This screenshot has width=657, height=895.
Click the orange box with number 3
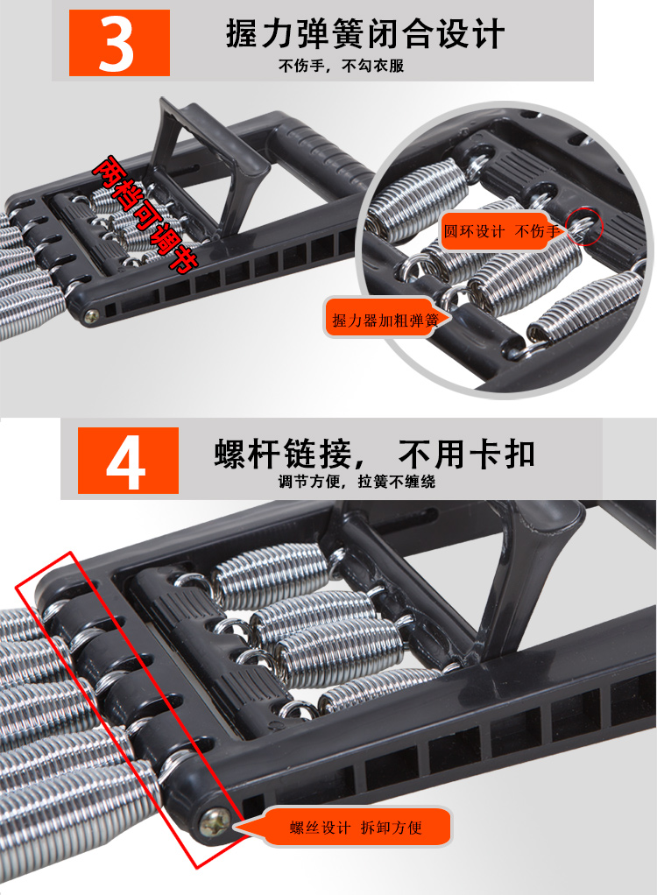[x=119, y=43]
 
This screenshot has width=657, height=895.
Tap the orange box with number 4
[x=128, y=460]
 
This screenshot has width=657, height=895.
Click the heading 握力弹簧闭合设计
[x=364, y=33]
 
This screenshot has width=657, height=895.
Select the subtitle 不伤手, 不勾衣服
[x=341, y=67]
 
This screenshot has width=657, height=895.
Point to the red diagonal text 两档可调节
[x=145, y=214]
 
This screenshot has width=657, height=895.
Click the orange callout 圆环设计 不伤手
[x=497, y=231]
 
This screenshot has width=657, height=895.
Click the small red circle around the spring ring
[x=584, y=227]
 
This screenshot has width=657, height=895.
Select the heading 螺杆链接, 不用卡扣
[x=374, y=455]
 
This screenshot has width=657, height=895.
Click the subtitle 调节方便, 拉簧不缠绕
[x=357, y=482]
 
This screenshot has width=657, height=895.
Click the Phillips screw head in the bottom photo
[x=215, y=822]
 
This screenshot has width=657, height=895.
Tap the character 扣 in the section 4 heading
[x=519, y=455]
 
